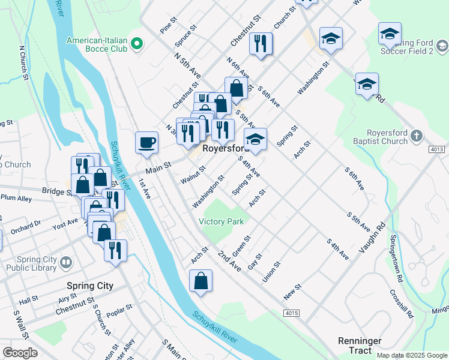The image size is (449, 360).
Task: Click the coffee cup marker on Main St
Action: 146,143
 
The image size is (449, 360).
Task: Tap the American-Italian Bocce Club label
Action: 97,44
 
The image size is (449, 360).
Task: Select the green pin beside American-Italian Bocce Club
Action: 136,43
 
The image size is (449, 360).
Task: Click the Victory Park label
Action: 221,221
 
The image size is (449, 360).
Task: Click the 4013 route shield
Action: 438,149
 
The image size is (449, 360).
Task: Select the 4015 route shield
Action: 292,313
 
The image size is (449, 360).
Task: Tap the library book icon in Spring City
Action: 65,262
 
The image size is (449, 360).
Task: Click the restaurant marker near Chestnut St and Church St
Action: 261,44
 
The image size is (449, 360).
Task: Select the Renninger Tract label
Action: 360,345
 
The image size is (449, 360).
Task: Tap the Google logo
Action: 20,353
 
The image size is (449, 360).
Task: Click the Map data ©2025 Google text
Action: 411,355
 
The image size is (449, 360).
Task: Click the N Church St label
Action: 24,63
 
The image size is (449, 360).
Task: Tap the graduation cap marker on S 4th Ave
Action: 255,140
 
